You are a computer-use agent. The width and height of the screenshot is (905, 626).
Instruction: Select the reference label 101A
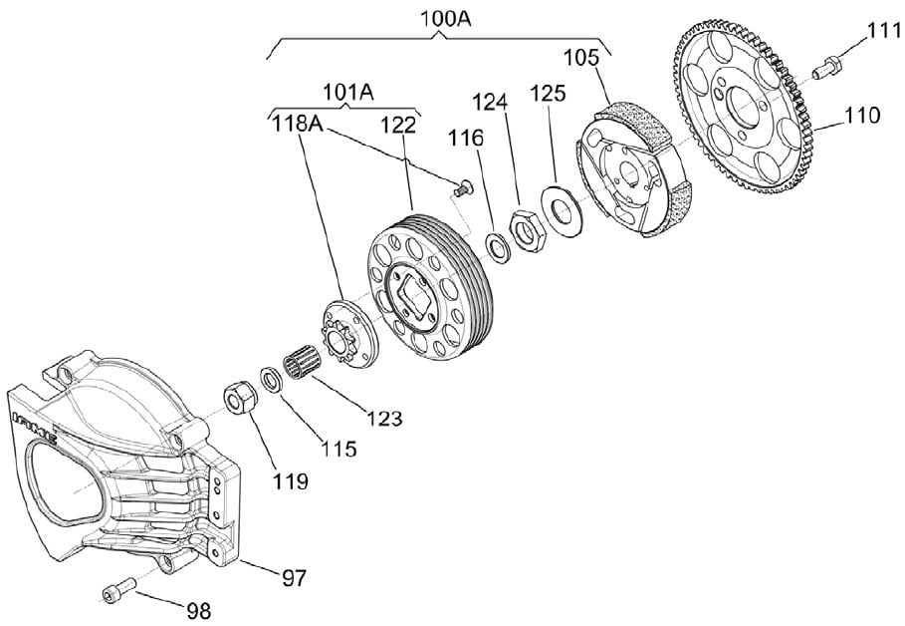348,92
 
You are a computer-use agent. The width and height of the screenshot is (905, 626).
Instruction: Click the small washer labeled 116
497,247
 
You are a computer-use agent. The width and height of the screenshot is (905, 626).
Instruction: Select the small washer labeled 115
270,380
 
